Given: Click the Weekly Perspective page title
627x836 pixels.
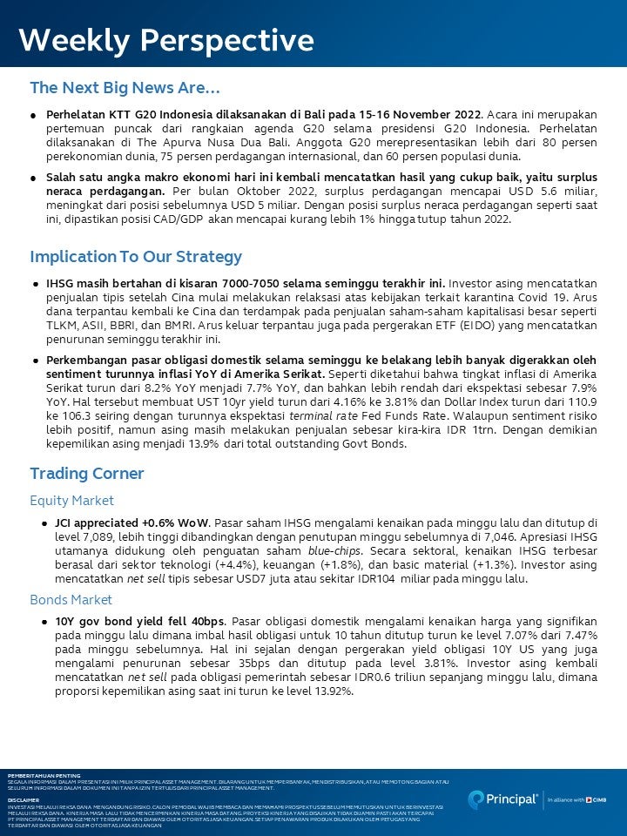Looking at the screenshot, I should coord(166,40).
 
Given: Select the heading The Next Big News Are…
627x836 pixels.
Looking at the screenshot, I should coord(125,88).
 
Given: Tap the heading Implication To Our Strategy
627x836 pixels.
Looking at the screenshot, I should coord(136,257).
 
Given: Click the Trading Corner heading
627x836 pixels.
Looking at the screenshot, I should coord(87,474).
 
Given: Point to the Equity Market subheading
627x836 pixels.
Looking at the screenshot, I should coord(72,501).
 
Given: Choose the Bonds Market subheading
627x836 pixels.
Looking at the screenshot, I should coord(71,600).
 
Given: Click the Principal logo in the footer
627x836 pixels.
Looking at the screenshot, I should coord(503,799).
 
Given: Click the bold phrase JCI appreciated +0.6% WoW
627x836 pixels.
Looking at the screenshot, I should coord(132,522).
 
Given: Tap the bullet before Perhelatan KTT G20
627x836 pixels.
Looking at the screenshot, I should coord(33,115).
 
